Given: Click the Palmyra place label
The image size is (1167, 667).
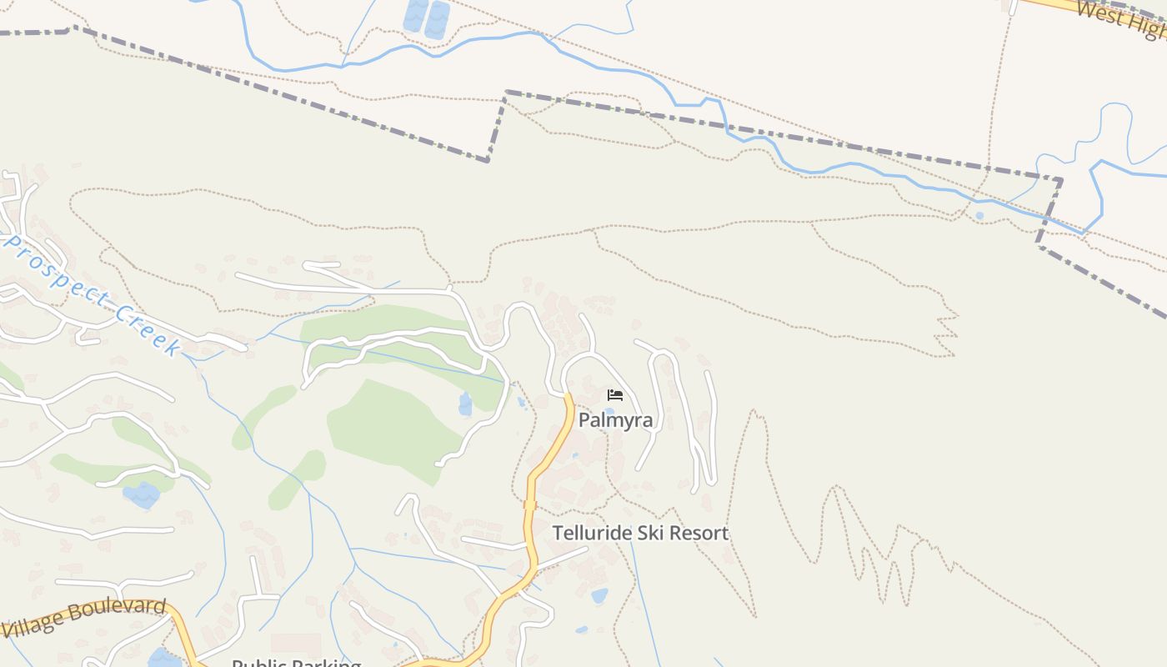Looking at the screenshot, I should point(615,419).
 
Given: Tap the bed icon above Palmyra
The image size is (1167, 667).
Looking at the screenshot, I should point(615,394).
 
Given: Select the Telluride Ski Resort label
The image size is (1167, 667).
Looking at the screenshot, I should point(640,533).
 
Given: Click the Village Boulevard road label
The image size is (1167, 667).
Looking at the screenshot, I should point(83,617).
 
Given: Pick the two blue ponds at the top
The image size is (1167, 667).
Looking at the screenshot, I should point(426,18).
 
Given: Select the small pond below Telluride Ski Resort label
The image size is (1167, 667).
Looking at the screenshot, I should point(599,595).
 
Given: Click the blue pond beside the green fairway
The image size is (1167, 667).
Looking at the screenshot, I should point(465,404).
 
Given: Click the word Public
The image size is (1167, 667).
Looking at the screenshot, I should point(258,664).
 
